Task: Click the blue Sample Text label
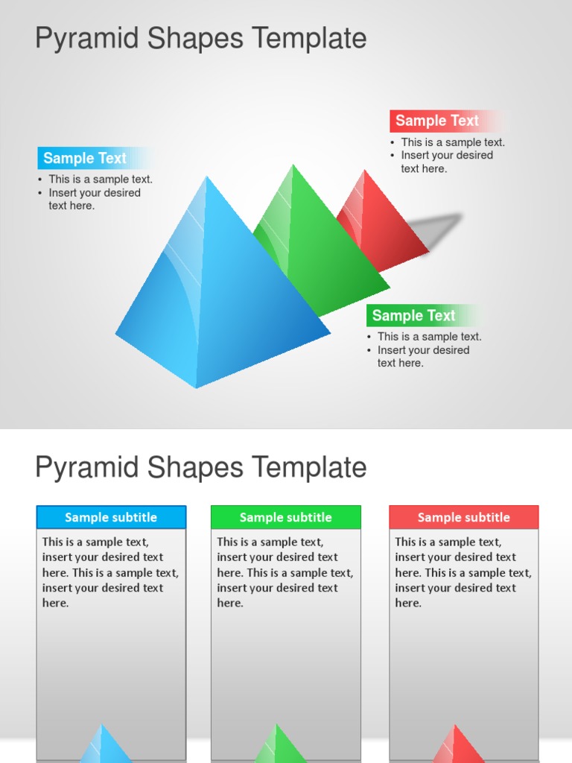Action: [85, 158]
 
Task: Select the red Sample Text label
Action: [437, 121]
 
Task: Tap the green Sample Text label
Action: [413, 316]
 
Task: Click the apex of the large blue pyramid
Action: [206, 177]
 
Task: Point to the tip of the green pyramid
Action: [293, 165]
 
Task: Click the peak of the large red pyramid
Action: [364, 171]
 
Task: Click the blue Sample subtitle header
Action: [111, 517]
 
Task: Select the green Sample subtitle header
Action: [285, 517]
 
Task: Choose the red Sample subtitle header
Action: [463, 517]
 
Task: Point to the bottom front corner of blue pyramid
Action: [197, 387]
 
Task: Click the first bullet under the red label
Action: [452, 142]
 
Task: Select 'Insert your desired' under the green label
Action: [423, 350]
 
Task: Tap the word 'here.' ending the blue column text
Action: [56, 604]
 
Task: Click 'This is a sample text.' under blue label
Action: [100, 180]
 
